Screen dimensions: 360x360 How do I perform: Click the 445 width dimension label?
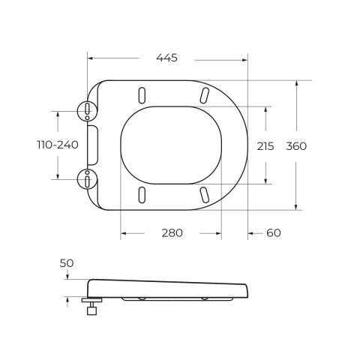[x=166, y=58]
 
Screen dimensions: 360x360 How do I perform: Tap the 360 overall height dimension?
[x=296, y=146]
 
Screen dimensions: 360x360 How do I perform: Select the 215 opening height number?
[x=265, y=146]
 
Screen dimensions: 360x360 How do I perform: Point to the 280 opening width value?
[x=172, y=233]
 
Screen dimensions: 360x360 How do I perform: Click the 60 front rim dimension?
[x=274, y=233]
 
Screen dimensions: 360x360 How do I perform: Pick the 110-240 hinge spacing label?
[x=58, y=145]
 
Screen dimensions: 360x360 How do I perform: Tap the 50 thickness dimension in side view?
[x=67, y=263]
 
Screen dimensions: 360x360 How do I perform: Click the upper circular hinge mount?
[x=87, y=111]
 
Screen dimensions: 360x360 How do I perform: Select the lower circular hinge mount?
[x=87, y=179]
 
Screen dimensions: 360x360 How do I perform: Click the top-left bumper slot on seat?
[x=142, y=95]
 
